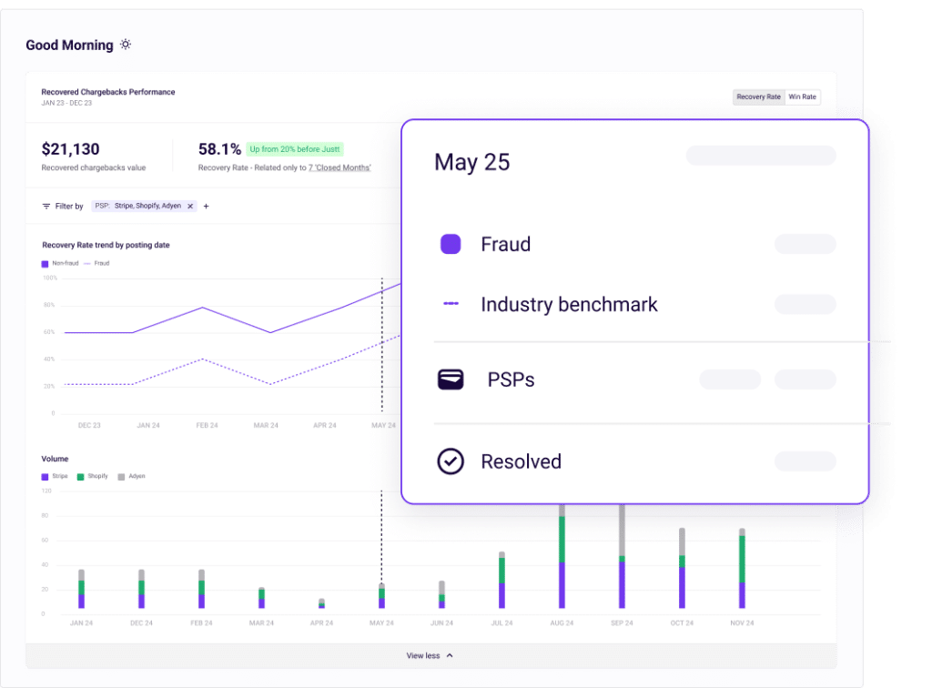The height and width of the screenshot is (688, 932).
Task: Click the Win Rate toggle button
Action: pyautogui.click(x=802, y=96)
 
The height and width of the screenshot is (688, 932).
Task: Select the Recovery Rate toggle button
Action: pyautogui.click(x=758, y=96)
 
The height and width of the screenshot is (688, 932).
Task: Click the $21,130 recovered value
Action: pyautogui.click(x=71, y=149)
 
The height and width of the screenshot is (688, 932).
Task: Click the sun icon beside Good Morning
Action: pyautogui.click(x=126, y=45)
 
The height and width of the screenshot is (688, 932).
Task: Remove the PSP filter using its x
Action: pyautogui.click(x=190, y=207)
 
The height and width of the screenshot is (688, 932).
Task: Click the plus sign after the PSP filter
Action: pyautogui.click(x=206, y=207)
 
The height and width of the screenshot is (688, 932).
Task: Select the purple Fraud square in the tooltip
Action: pyautogui.click(x=451, y=244)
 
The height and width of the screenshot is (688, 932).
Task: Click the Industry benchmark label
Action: pyautogui.click(x=569, y=304)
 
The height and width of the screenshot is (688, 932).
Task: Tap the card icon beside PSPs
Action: pyautogui.click(x=451, y=379)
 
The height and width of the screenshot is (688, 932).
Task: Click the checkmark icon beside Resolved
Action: pyautogui.click(x=451, y=461)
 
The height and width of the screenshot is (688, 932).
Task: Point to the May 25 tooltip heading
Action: pyautogui.click(x=471, y=163)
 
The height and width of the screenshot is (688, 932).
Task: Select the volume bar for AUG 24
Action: pyautogui.click(x=562, y=560)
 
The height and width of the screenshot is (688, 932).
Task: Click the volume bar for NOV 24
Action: pyautogui.click(x=742, y=569)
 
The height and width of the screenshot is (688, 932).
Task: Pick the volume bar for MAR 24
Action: pyautogui.click(x=261, y=598)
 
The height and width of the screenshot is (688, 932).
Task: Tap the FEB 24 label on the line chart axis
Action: pyautogui.click(x=207, y=425)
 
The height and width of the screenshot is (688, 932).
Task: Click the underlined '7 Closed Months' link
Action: pyautogui.click(x=339, y=168)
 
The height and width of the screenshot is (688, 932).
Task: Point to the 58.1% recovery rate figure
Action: pyautogui.click(x=219, y=149)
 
